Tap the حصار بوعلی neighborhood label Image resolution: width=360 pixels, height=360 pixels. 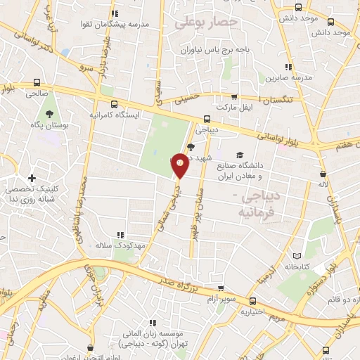tap(210, 23)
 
